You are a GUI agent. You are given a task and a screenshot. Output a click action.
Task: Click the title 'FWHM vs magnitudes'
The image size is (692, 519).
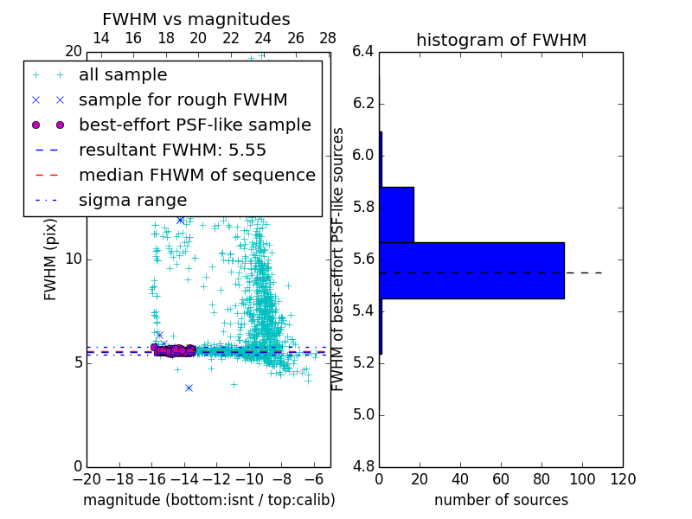[196, 20]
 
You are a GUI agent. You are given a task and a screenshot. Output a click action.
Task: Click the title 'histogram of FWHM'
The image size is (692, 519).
[501, 40]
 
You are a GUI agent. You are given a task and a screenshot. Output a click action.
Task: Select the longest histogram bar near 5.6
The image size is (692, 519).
[471, 270]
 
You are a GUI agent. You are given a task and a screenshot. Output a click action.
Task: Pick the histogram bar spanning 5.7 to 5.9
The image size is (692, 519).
[396, 215]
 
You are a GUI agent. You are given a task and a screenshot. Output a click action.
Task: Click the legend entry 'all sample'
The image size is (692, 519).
[123, 75]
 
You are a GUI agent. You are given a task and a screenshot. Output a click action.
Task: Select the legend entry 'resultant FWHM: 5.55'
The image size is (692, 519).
[172, 151]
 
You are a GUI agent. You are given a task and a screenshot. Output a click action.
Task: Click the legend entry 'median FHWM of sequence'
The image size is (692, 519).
[196, 176]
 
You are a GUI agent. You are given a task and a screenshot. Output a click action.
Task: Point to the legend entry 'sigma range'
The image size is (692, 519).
[132, 201]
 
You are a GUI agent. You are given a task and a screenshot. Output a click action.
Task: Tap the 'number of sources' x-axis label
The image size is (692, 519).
[501, 500]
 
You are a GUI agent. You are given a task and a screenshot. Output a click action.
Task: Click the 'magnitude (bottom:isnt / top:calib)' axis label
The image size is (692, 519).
[208, 500]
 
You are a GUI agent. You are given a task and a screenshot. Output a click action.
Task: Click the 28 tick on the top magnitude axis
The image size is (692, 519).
[328, 38]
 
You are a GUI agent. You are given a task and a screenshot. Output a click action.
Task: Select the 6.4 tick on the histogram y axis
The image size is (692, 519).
[363, 52]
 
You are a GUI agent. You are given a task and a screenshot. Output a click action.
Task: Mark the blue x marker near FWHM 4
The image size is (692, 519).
[189, 388]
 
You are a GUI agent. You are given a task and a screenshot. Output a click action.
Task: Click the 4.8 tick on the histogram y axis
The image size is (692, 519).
[363, 466]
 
